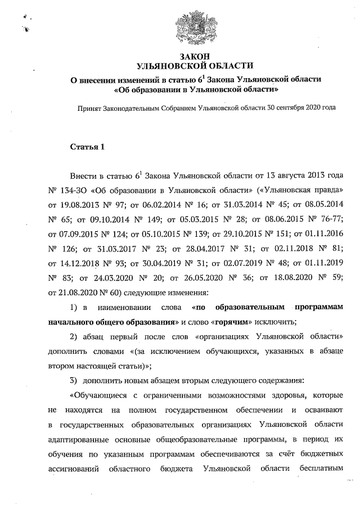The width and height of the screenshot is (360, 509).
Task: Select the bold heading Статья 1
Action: click(x=88, y=147)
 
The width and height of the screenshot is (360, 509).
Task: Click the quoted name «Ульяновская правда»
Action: click(x=301, y=188)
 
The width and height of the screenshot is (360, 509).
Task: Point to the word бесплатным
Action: click(x=319, y=468)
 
